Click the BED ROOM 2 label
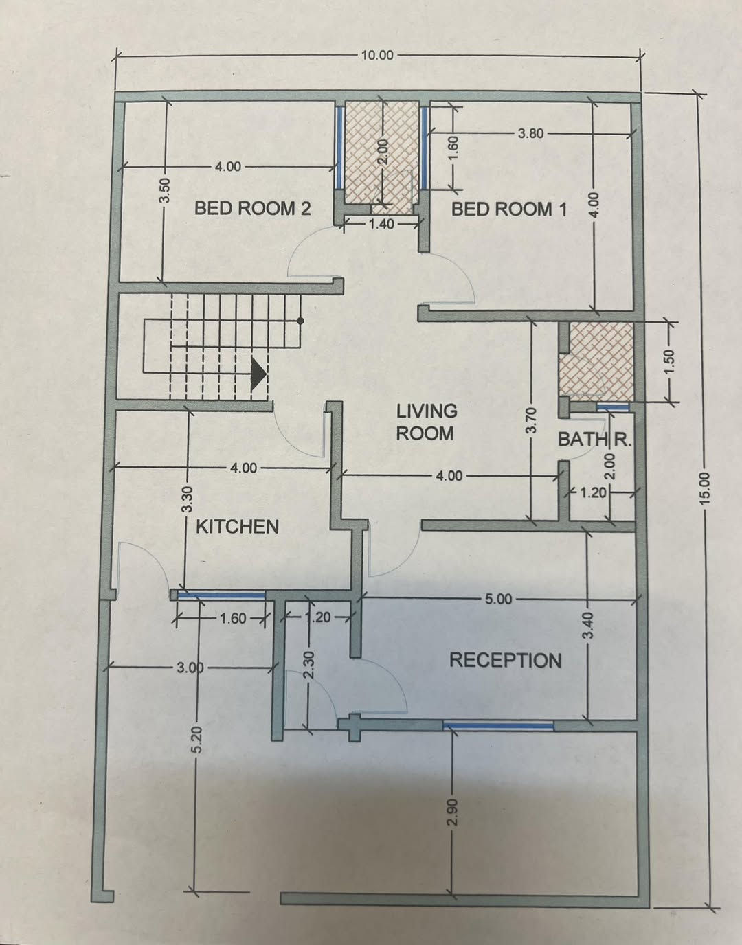coord(252,208)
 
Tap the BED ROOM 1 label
coord(509,209)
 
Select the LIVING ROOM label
coord(426,422)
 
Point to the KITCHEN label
coord(238,527)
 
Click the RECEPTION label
coord(506,660)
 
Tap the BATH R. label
coord(594,440)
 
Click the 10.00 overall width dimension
coord(377,56)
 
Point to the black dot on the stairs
coord(300,321)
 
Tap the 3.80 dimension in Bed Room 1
coord(530,133)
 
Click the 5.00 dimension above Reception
coord(498,600)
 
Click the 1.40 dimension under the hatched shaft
coord(381,224)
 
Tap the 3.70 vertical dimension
coord(532,420)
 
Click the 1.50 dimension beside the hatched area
coord(670,361)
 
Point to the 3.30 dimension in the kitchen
coord(188,499)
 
